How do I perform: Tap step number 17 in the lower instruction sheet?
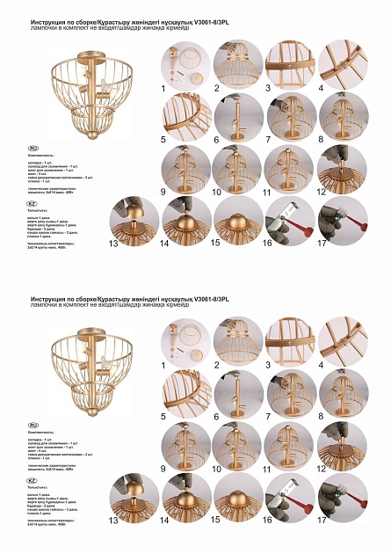click(322, 520)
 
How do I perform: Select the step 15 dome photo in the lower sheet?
click(237, 502)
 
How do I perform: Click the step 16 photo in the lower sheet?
click(290, 502)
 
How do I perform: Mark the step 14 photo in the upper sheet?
click(185, 221)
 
